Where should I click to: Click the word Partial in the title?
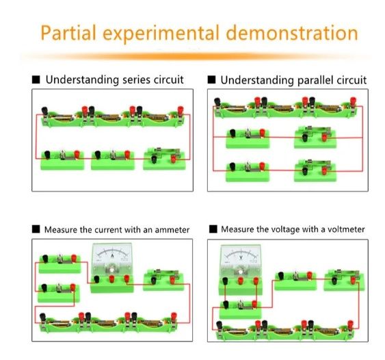68,33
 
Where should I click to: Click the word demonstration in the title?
292,33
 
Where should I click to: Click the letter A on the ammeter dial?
112,256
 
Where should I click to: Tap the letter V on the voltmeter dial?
241,257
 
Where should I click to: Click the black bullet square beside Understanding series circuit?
36,79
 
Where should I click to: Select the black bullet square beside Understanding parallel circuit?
211,79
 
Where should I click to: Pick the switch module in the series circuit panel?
164,159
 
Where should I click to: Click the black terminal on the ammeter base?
96,279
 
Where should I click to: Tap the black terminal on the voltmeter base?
225,281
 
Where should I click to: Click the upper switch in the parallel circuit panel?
315,137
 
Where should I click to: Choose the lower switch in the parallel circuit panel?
315,170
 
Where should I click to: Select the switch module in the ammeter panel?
163,280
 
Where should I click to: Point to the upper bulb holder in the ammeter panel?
59,263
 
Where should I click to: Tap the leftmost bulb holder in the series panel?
62,159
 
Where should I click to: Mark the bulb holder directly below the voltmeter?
241,309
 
